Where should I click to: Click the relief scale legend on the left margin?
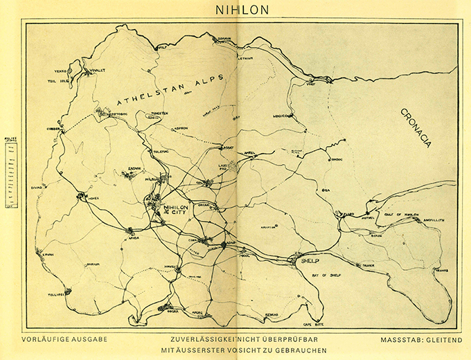(10, 165)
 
